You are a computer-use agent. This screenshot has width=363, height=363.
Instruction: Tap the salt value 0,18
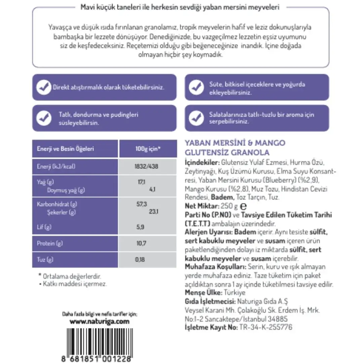pyautogui.click(x=139, y=259)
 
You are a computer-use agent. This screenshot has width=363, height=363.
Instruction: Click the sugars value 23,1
pyautogui.click(x=153, y=212)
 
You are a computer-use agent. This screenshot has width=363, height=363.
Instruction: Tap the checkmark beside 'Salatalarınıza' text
pyautogui.click(x=196, y=118)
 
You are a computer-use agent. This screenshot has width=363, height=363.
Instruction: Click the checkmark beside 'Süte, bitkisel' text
pyautogui.click(x=196, y=87)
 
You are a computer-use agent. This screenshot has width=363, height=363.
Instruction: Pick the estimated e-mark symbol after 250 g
pyautogui.click(x=244, y=207)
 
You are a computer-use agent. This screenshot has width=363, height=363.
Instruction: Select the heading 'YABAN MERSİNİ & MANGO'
pyautogui.click(x=235, y=143)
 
